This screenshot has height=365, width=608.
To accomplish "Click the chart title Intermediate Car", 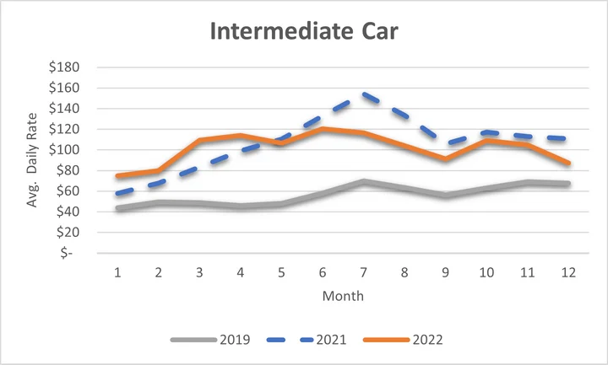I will click(304, 32).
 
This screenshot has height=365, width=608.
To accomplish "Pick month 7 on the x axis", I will click(365, 274).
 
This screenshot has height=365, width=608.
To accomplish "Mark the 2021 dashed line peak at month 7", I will click(365, 94).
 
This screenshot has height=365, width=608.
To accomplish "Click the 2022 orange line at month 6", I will click(323, 129).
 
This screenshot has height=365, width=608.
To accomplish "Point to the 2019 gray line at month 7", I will click(365, 181).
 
